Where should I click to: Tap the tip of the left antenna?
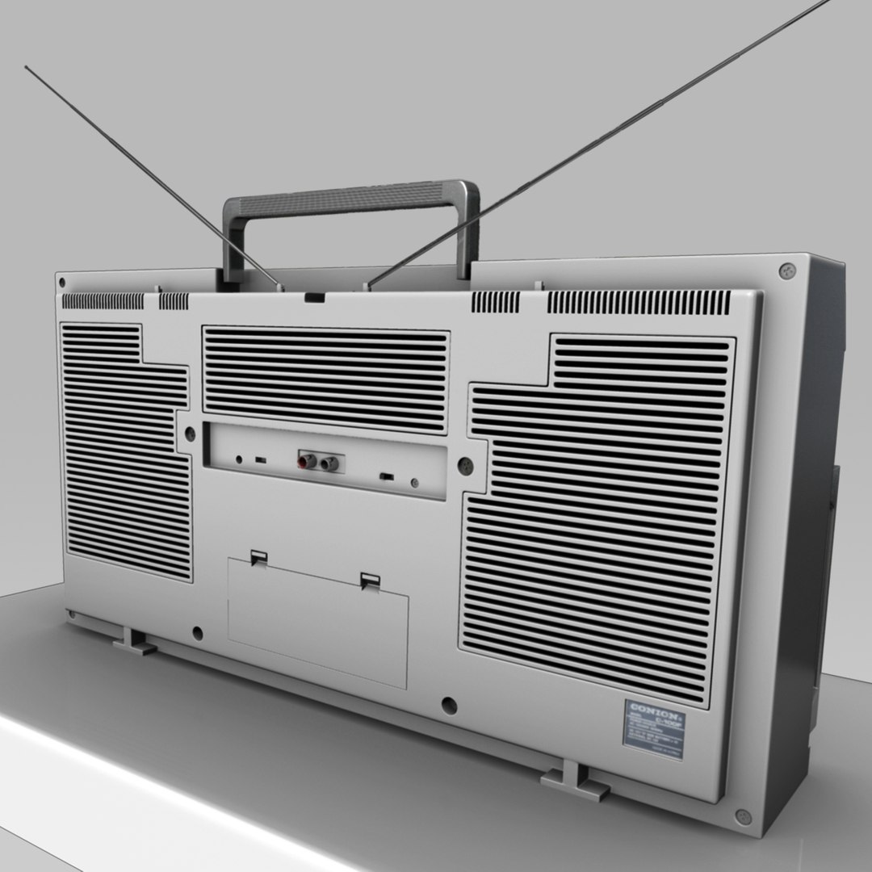click(27, 68)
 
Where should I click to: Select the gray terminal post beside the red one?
click(329, 463)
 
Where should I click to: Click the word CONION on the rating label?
click(652, 708)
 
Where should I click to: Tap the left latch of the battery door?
click(258, 557)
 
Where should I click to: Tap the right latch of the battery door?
click(371, 580)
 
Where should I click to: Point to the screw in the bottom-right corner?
click(744, 817)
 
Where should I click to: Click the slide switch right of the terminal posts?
click(386, 476)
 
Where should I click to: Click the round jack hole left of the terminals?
click(238, 459)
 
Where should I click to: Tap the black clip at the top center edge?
click(315, 296)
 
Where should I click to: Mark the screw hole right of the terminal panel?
click(465, 465)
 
